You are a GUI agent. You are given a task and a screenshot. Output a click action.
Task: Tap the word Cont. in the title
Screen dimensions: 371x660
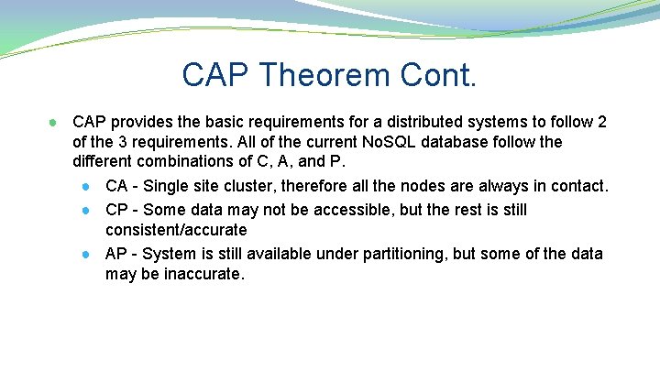tap(439, 74)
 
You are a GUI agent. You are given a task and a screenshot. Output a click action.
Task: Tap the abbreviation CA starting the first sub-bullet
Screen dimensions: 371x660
tap(117, 186)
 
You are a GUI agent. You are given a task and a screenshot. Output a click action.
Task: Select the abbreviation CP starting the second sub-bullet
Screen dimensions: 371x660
tap(117, 209)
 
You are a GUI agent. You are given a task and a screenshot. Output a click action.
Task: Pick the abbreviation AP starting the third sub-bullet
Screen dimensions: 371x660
tap(116, 254)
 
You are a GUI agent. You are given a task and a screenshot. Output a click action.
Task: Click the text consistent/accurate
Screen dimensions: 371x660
tap(176, 230)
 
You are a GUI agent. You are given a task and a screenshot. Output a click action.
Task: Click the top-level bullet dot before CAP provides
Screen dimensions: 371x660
tap(55, 123)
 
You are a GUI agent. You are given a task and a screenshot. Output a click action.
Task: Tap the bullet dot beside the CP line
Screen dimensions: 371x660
tap(84, 210)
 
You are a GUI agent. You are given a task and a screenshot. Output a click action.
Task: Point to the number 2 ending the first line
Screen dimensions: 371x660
tap(601, 122)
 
